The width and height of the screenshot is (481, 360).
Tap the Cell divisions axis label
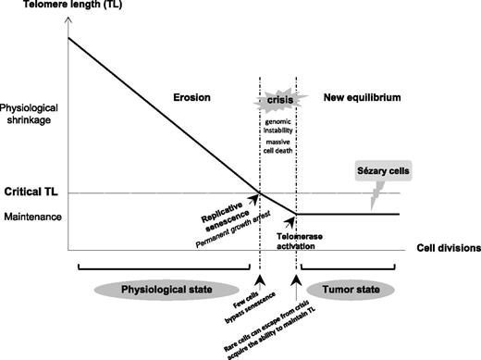441,248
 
